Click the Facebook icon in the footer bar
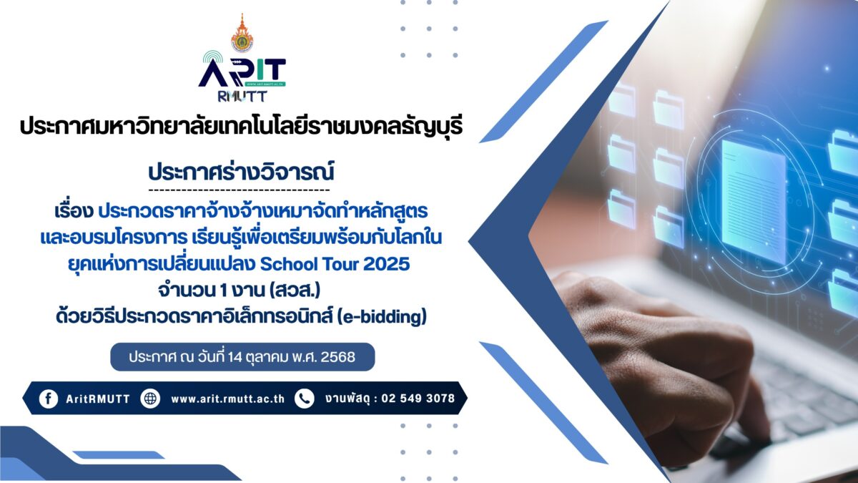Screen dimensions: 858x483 [49, 399]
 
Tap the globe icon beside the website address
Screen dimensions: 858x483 [150, 399]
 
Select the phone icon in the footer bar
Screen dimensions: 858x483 [305, 399]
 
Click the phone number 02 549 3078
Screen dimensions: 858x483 [418, 399]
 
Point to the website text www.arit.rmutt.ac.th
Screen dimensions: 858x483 [228, 399]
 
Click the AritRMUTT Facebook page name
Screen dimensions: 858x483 [98, 399]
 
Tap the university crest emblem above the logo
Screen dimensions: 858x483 [242, 33]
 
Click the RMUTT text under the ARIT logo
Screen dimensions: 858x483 [242, 96]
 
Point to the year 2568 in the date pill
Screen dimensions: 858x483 [337, 357]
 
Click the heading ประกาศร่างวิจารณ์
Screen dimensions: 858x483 [242, 172]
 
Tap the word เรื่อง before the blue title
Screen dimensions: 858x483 [74, 211]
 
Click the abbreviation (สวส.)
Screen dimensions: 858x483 [295, 291]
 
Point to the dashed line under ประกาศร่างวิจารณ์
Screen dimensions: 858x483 [239, 190]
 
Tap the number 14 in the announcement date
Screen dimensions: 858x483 [235, 357]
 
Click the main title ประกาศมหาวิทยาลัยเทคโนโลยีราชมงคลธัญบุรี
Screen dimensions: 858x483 [242, 127]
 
